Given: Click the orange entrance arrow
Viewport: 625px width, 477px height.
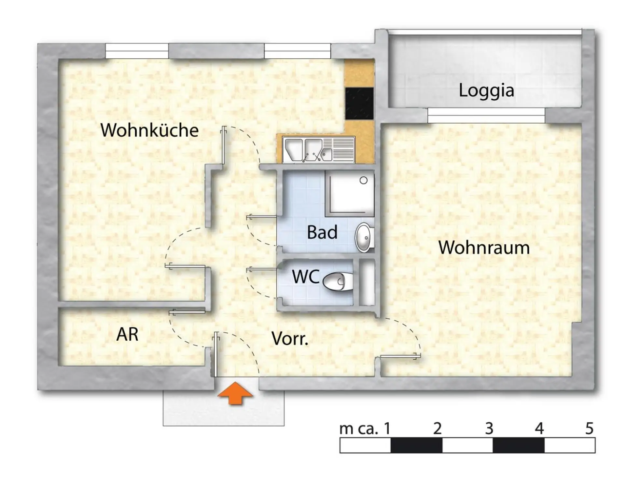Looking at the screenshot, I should pyautogui.click(x=235, y=393).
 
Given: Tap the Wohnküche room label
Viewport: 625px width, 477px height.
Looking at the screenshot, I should pyautogui.click(x=149, y=130).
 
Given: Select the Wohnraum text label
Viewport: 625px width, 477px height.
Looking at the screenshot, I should pyautogui.click(x=484, y=248).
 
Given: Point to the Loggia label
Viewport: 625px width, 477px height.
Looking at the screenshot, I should pyautogui.click(x=486, y=90).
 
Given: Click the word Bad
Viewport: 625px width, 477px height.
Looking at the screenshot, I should pyautogui.click(x=322, y=232).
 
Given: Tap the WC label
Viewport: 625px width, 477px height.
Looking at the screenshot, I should pyautogui.click(x=305, y=277).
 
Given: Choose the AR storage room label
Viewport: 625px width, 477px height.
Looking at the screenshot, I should pyautogui.click(x=127, y=334).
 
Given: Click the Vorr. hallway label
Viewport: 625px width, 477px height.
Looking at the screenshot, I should pyautogui.click(x=290, y=339).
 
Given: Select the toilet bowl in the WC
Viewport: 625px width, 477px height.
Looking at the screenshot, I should pyautogui.click(x=338, y=281).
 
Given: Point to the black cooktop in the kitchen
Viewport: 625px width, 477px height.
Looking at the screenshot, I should pyautogui.click(x=359, y=103).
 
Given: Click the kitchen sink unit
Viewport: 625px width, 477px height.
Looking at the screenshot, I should pyautogui.click(x=319, y=150).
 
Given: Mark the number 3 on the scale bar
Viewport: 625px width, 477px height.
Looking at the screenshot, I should pyautogui.click(x=489, y=429).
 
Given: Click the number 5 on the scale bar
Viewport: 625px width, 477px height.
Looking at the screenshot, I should pyautogui.click(x=589, y=429).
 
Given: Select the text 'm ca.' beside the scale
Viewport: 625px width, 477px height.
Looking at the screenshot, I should pyautogui.click(x=358, y=429).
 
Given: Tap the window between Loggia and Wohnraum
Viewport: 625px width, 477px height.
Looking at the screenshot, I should pyautogui.click(x=486, y=116).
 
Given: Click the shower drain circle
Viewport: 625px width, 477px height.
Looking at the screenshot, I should pyautogui.click(x=364, y=180).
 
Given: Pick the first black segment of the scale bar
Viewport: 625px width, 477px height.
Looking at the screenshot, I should pyautogui.click(x=416, y=445).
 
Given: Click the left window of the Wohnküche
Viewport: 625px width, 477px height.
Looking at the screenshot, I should pyautogui.click(x=137, y=51).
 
